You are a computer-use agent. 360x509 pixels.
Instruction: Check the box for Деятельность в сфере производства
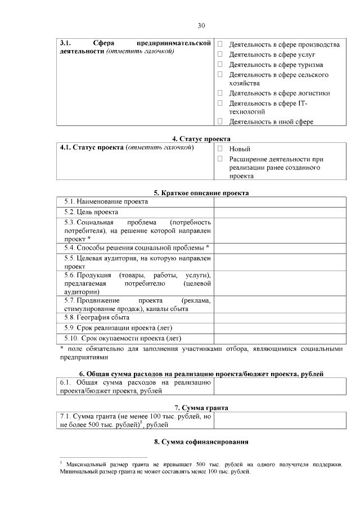tap(220, 44)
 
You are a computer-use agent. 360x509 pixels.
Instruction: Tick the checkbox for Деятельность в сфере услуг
tap(220, 54)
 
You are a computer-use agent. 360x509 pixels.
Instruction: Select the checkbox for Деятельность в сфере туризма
tap(220, 64)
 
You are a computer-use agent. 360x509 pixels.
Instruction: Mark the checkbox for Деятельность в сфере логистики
tap(220, 93)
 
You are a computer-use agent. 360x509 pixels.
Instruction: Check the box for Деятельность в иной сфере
tap(220, 121)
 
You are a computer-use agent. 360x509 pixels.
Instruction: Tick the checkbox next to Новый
tap(220, 149)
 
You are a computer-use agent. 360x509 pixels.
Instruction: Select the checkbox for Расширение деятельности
tap(220, 159)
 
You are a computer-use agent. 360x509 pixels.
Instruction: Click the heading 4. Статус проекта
tap(201, 139)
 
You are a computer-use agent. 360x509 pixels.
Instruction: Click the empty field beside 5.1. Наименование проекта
tap(278, 201)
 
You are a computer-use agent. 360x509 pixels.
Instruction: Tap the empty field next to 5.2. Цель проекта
tap(278, 212)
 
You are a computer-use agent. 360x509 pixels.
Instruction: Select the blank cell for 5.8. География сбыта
tap(278, 317)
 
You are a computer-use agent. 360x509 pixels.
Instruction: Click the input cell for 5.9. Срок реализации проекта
tap(278, 328)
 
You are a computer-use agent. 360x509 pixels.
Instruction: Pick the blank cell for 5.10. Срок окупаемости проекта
tap(278, 339)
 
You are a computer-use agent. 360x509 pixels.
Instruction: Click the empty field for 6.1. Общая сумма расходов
tap(278, 386)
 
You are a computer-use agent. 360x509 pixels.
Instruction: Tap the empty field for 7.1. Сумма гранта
tap(278, 420)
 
